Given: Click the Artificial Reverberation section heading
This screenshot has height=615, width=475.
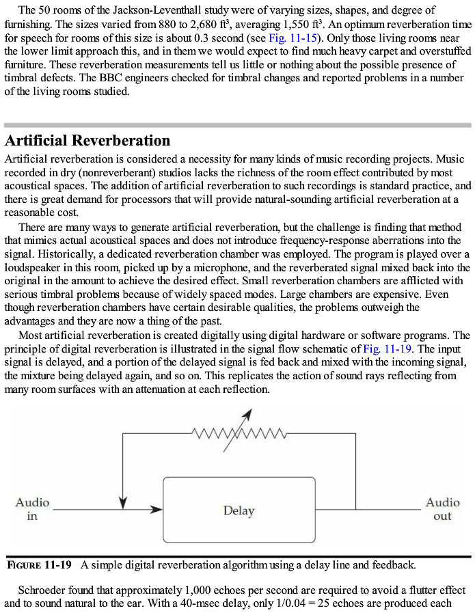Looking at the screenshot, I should [x=87, y=141].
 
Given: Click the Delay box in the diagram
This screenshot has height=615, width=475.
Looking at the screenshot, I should [x=239, y=510].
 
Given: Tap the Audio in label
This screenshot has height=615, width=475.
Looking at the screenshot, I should [x=32, y=509].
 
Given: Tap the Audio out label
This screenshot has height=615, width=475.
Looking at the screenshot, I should [x=442, y=509].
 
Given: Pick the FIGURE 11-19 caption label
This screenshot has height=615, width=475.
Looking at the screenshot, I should [x=39, y=565].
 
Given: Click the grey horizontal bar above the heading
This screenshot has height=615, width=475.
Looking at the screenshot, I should [x=237, y=126].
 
